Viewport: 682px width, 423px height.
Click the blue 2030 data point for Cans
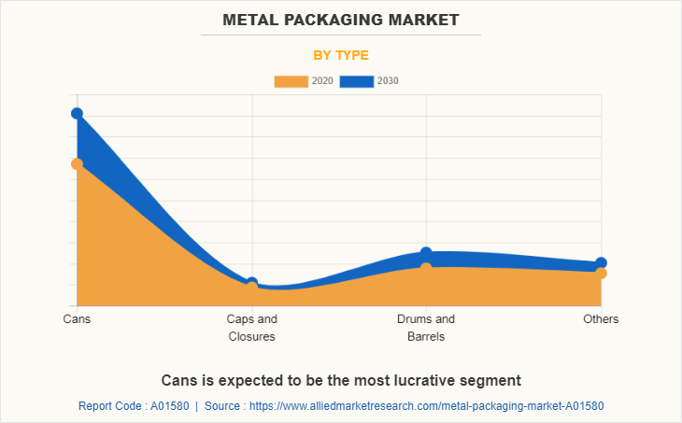(77, 114)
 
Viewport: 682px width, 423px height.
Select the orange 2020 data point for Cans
(77, 164)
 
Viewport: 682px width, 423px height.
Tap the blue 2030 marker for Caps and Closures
(252, 283)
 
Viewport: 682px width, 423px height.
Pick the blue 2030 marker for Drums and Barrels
(426, 253)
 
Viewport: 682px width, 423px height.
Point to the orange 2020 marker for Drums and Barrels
(426, 269)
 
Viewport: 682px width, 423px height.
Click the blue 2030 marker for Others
(601, 263)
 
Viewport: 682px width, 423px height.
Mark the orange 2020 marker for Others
(601, 274)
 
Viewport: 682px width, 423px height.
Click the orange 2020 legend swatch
(291, 81)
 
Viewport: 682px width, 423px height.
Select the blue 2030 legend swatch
(356, 81)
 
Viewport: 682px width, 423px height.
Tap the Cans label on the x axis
(77, 319)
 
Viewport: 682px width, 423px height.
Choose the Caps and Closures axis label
(252, 328)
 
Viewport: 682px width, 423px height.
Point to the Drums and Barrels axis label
(426, 328)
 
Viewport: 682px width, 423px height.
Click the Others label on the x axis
(601, 319)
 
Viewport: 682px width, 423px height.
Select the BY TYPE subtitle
(340, 55)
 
